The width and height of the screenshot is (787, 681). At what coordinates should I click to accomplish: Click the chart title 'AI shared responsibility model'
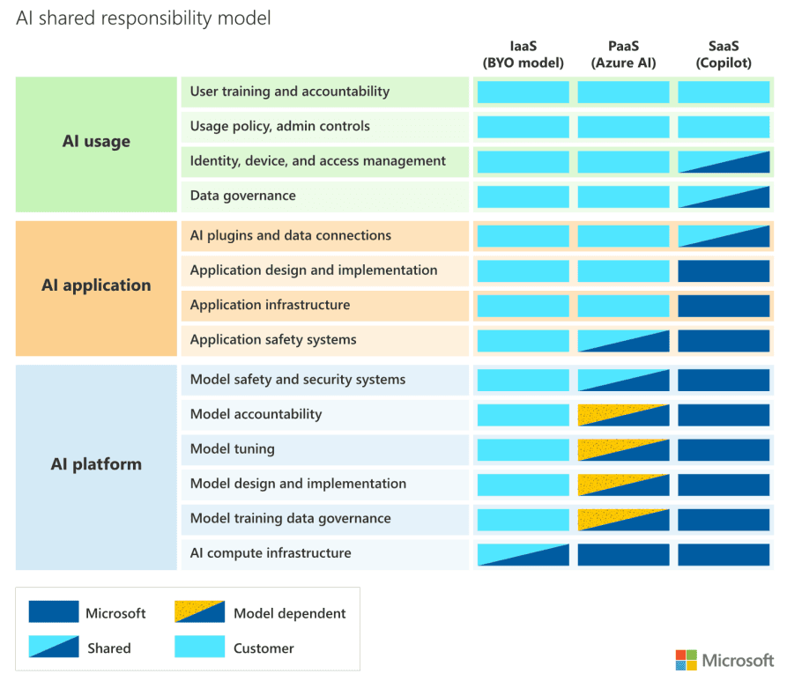tap(144, 18)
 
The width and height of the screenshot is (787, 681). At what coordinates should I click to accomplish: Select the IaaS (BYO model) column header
tap(523, 54)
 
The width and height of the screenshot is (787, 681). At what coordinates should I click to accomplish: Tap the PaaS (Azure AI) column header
tap(623, 54)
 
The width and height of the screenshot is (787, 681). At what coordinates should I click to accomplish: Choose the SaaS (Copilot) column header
tap(724, 54)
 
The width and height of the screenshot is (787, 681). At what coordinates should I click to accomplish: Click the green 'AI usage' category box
tap(96, 144)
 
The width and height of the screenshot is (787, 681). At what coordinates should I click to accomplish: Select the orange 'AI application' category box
tap(96, 287)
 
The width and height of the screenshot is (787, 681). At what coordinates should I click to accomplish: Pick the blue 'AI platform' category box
tap(96, 466)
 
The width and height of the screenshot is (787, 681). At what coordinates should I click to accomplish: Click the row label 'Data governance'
tap(243, 196)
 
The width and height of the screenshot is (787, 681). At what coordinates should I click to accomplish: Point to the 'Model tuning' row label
tap(233, 449)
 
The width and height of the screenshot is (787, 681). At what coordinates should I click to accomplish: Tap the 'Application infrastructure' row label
tap(270, 305)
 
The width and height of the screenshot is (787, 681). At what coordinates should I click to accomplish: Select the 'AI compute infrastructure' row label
tap(271, 553)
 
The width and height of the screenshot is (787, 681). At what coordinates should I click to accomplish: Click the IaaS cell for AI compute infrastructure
tap(523, 554)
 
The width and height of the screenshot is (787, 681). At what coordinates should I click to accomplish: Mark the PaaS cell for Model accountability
tap(623, 415)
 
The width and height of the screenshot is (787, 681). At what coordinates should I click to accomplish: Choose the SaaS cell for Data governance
tap(724, 196)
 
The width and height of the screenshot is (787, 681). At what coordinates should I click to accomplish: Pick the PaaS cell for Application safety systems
tap(623, 341)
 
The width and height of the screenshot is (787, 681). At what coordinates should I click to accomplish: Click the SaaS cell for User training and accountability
tap(724, 92)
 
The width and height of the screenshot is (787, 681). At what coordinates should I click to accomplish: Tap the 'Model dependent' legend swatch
tap(200, 612)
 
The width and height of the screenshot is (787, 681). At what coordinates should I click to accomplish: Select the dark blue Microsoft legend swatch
tap(53, 612)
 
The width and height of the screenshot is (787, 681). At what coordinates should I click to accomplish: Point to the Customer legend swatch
tap(200, 648)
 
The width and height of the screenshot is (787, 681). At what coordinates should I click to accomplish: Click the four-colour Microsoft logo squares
tap(686, 660)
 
